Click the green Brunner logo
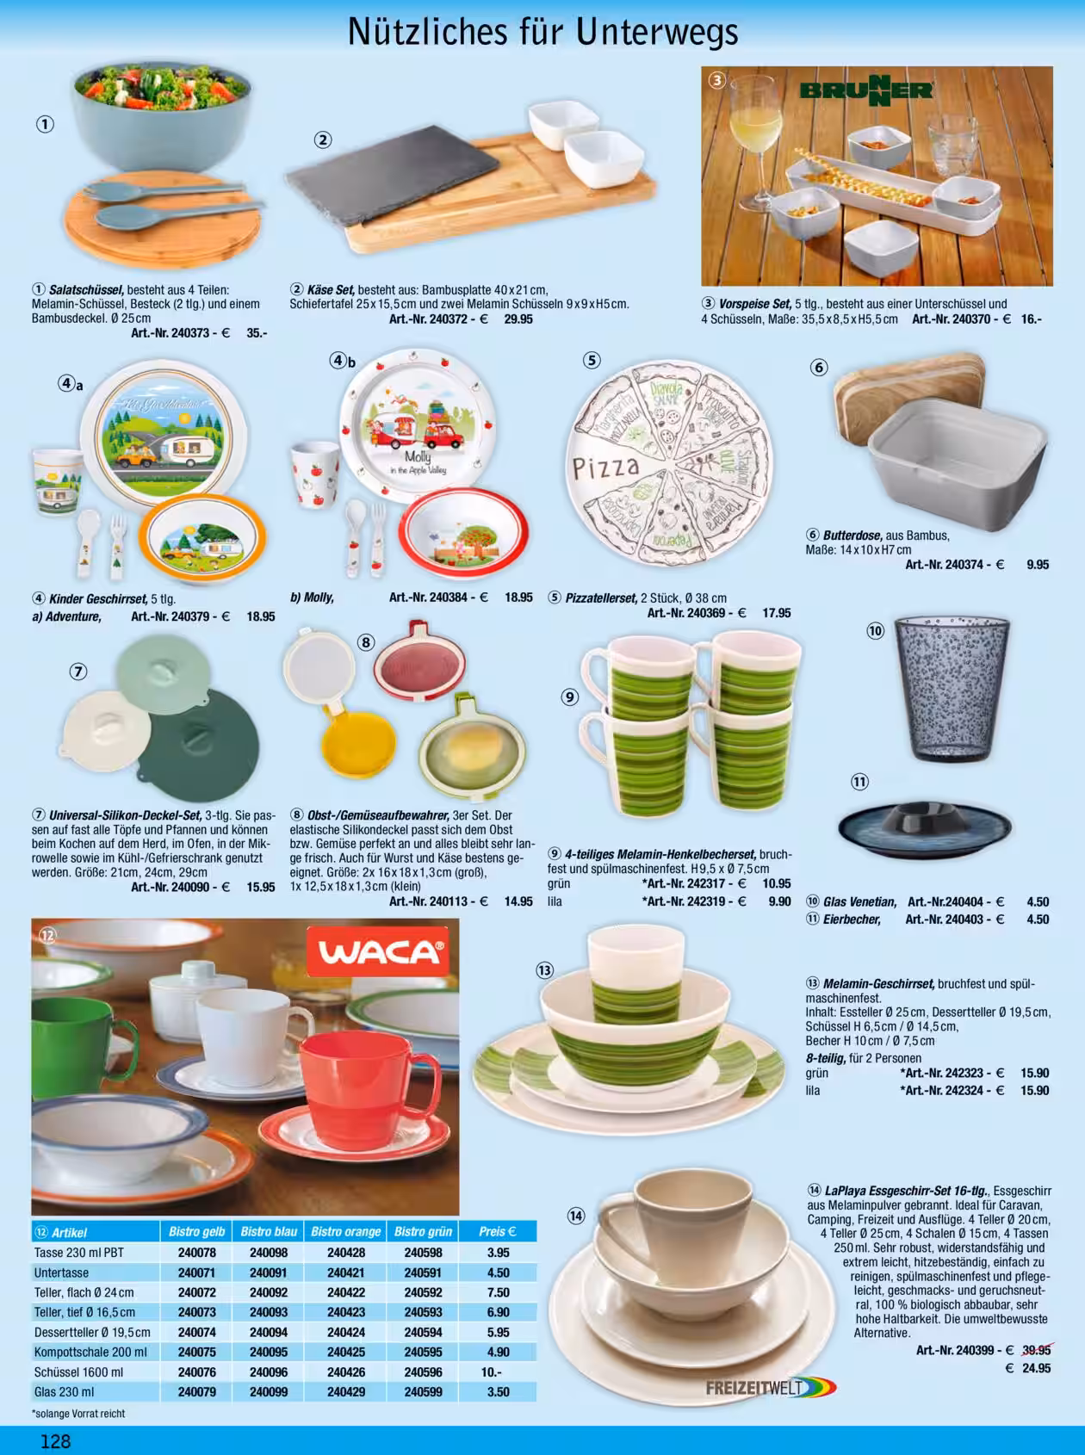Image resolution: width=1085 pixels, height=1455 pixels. coord(866,90)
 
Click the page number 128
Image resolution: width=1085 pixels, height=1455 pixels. coord(56,1440)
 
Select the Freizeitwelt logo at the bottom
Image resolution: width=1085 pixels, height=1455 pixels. coord(770,1388)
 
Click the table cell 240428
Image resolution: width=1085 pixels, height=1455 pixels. coord(345,1253)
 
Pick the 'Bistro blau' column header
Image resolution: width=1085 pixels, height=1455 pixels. coord(269,1232)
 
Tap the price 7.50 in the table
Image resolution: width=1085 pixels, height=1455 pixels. coord(498,1292)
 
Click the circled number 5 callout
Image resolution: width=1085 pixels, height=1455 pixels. coord(592,361)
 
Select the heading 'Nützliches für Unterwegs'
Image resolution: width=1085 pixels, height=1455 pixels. coord(543,33)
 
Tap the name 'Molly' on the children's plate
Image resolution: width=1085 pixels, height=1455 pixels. coord(418,457)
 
